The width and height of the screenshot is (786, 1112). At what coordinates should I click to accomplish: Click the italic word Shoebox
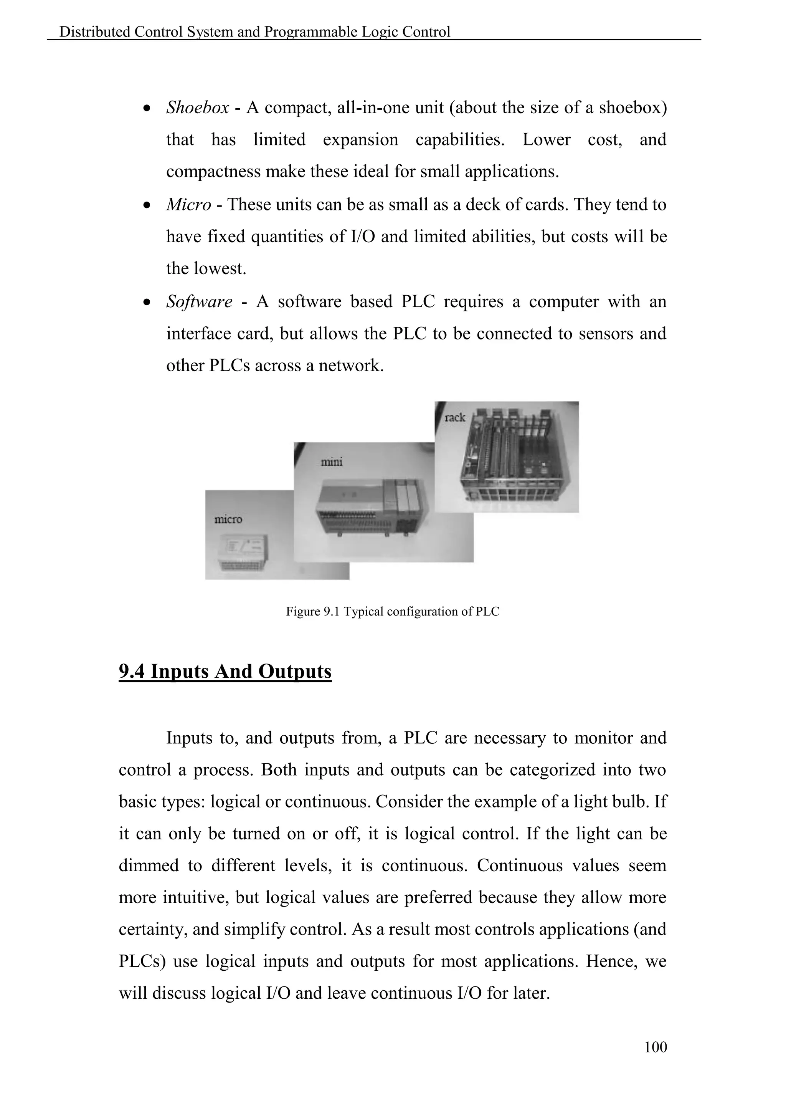click(x=198, y=108)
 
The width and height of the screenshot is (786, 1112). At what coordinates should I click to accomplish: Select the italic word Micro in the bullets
click(x=188, y=205)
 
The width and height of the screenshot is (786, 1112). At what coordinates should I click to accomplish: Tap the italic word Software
click(x=199, y=302)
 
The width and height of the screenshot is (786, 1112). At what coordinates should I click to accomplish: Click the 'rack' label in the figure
click(x=454, y=417)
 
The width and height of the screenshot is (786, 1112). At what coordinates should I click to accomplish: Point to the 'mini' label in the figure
click(x=332, y=462)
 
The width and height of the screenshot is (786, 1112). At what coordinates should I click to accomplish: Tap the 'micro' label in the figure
click(x=228, y=520)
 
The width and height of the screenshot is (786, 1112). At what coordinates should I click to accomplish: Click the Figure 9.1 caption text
click(x=393, y=612)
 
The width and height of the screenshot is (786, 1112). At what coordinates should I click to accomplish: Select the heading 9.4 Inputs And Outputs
click(x=225, y=672)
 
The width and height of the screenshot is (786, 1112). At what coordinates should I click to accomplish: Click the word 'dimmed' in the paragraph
click(x=149, y=865)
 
